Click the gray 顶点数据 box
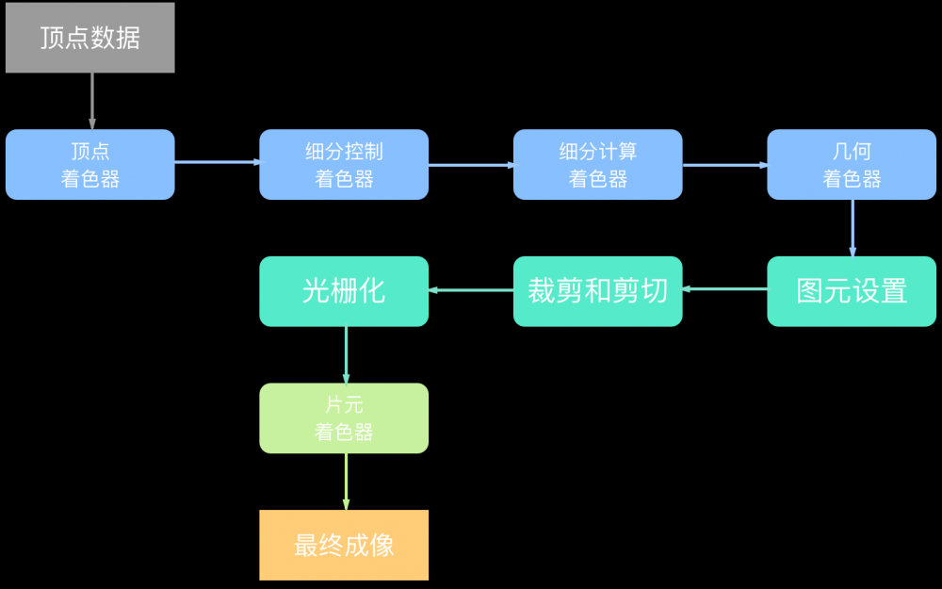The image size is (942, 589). click(x=90, y=38)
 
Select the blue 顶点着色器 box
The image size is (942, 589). click(x=90, y=165)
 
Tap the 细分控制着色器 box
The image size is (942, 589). click(x=344, y=165)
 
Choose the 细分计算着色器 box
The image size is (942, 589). click(x=597, y=165)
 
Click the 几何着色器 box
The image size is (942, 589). click(x=852, y=165)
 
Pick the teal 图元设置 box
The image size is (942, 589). click(x=852, y=291)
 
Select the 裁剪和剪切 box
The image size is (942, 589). click(x=597, y=291)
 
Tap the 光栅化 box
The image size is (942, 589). click(x=344, y=291)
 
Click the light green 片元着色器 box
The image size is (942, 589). click(x=344, y=418)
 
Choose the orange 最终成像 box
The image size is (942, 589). click(x=344, y=545)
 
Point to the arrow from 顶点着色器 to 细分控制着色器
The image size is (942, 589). click(x=217, y=162)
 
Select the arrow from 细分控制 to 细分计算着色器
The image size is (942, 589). click(x=471, y=165)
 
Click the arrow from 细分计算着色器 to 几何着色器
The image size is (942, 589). click(x=724, y=165)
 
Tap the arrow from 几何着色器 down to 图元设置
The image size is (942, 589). click(x=853, y=228)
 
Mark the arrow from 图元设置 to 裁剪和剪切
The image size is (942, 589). click(x=724, y=289)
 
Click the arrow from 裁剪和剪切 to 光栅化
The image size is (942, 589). click(x=471, y=290)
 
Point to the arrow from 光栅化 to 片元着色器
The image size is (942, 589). click(x=346, y=354)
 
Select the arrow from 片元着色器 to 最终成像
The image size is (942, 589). click(x=346, y=482)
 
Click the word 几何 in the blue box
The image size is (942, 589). click(x=852, y=152)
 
